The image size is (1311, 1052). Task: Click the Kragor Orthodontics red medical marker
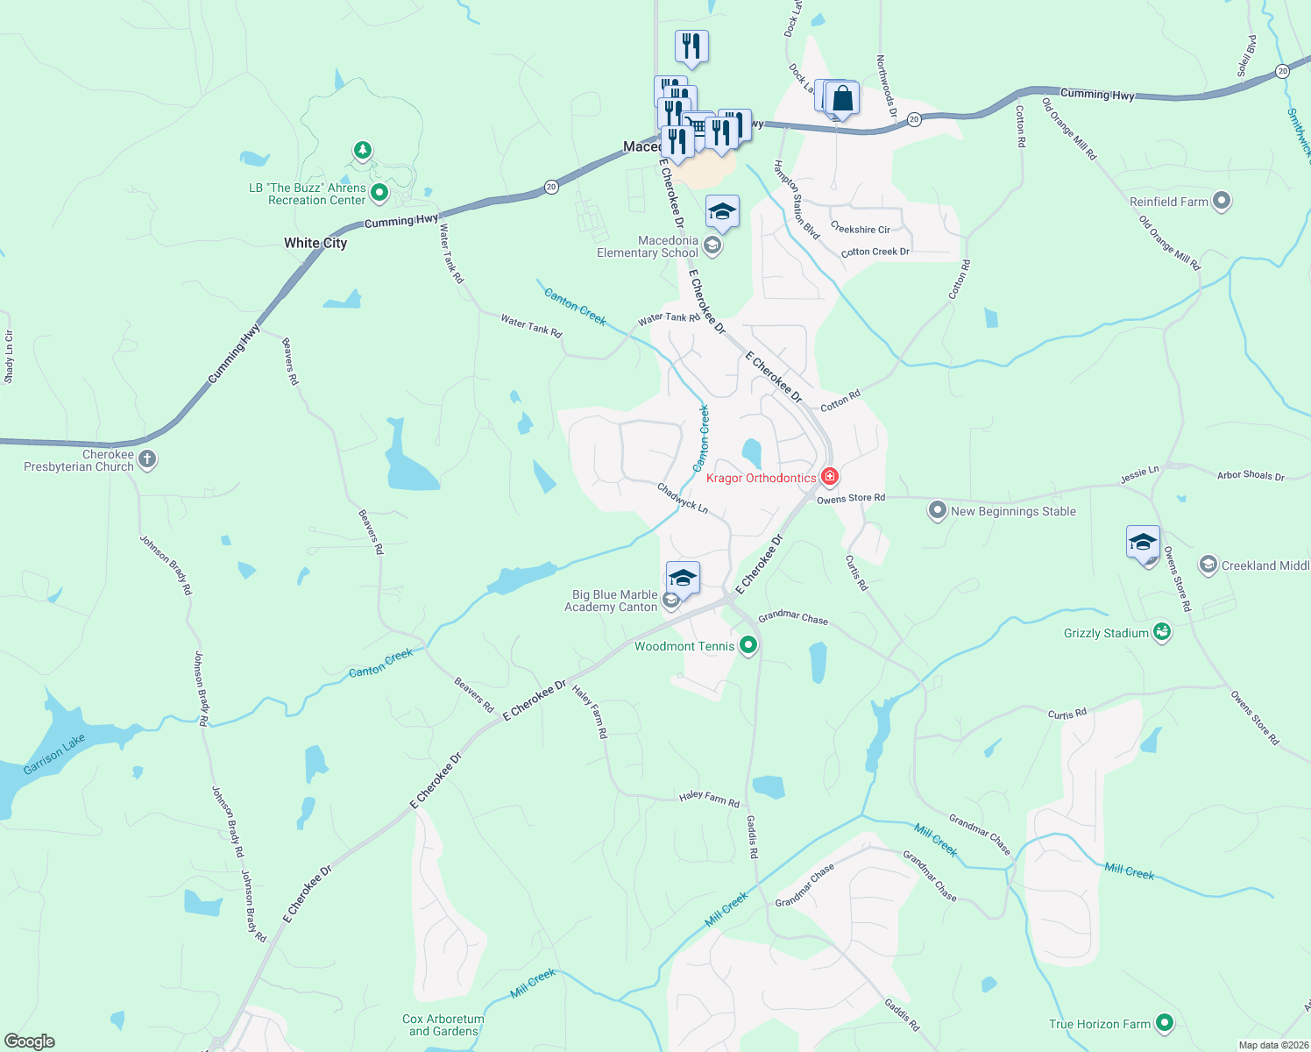click(829, 477)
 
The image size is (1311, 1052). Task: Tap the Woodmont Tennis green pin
click(748, 646)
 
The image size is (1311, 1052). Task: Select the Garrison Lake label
click(54, 755)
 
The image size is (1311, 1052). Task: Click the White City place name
click(315, 243)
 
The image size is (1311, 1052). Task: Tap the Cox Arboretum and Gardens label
click(443, 1025)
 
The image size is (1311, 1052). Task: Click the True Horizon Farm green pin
click(1164, 1023)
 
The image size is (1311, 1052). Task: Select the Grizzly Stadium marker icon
click(1162, 632)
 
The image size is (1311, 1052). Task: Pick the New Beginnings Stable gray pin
click(938, 510)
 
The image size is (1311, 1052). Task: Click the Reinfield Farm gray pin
click(1222, 202)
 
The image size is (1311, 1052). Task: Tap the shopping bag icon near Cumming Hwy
click(842, 98)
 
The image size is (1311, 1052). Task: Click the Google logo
click(30, 1041)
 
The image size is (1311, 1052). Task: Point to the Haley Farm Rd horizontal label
click(709, 798)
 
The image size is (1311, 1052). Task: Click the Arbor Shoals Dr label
click(1251, 475)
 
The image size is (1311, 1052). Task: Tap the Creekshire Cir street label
click(861, 228)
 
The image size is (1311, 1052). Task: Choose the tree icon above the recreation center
click(363, 151)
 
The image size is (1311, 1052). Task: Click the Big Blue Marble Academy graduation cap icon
click(683, 578)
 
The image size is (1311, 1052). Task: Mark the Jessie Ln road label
click(1139, 475)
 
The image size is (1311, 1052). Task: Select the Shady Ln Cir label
click(9, 357)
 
